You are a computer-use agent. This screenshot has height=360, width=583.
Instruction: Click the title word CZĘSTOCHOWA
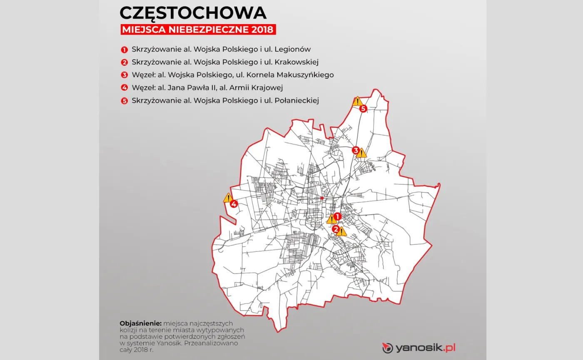(193, 13)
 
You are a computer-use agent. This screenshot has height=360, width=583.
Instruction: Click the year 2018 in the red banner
(262, 30)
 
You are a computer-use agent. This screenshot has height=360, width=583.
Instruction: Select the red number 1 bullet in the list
(124, 50)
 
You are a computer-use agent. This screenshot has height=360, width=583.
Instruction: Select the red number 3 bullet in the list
(124, 75)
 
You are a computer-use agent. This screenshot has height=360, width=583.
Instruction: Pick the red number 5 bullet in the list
(124, 101)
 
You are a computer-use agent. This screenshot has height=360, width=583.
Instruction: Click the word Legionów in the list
(294, 49)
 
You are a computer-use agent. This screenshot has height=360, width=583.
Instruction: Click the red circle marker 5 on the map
(363, 109)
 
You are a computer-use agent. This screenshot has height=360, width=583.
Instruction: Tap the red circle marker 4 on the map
(234, 204)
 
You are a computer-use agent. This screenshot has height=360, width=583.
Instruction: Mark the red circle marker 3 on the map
(356, 150)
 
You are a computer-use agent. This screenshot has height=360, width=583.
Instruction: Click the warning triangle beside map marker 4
(228, 198)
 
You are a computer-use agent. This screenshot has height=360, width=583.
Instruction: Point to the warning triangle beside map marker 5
(357, 102)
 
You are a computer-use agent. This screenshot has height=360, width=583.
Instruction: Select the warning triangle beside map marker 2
(341, 232)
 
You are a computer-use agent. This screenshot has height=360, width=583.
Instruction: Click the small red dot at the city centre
(322, 198)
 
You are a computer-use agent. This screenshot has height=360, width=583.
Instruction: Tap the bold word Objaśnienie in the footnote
(140, 323)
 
